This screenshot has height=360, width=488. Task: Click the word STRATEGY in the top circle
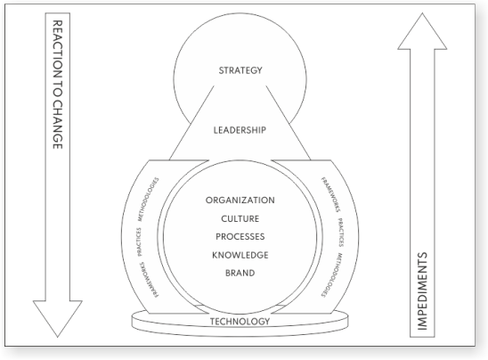pyautogui.click(x=240, y=70)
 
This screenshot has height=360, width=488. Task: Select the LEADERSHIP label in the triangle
pyautogui.click(x=240, y=130)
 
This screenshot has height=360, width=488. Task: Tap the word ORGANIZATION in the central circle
pyautogui.click(x=240, y=200)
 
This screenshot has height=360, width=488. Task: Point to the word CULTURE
pyautogui.click(x=240, y=218)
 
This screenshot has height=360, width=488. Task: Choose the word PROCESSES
pyautogui.click(x=240, y=237)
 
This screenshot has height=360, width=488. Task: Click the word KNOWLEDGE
pyautogui.click(x=240, y=255)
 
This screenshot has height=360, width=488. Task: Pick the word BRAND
pyautogui.click(x=240, y=273)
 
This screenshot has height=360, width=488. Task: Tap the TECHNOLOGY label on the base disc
pyautogui.click(x=240, y=321)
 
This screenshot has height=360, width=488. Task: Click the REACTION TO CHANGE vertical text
pyautogui.click(x=58, y=85)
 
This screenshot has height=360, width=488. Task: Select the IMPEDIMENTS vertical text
pyautogui.click(x=422, y=290)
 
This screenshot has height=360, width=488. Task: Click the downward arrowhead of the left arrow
pyautogui.click(x=58, y=319)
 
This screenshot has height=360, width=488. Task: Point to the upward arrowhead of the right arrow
pyautogui.click(x=422, y=31)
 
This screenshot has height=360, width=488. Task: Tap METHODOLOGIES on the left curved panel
pyautogui.click(x=148, y=200)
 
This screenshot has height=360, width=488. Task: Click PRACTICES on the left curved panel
pyautogui.click(x=139, y=242)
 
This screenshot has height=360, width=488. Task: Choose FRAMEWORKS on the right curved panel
pyautogui.click(x=330, y=194)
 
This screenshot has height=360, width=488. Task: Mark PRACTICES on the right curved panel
pyautogui.click(x=341, y=233)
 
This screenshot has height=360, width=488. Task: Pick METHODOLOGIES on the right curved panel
pyautogui.click(x=332, y=275)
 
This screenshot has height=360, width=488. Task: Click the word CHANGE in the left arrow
pyautogui.click(x=58, y=125)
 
